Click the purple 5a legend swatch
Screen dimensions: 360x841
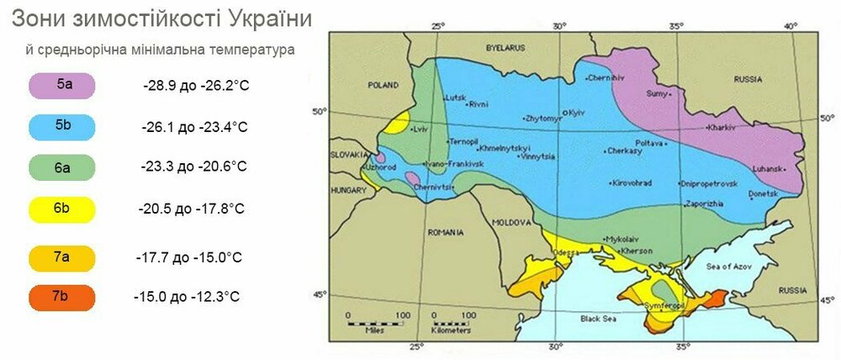point(62,86)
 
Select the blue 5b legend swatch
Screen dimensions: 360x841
point(62,126)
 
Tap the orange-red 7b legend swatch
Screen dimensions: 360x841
point(62,296)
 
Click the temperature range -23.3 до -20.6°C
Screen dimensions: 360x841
point(194,167)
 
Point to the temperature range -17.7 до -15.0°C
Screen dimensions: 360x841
point(188,257)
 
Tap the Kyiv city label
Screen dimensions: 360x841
point(576,112)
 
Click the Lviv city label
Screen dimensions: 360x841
point(421,130)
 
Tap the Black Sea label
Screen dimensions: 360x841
point(598,319)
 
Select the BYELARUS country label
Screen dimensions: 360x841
point(505,49)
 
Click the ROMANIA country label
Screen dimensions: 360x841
point(445,231)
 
